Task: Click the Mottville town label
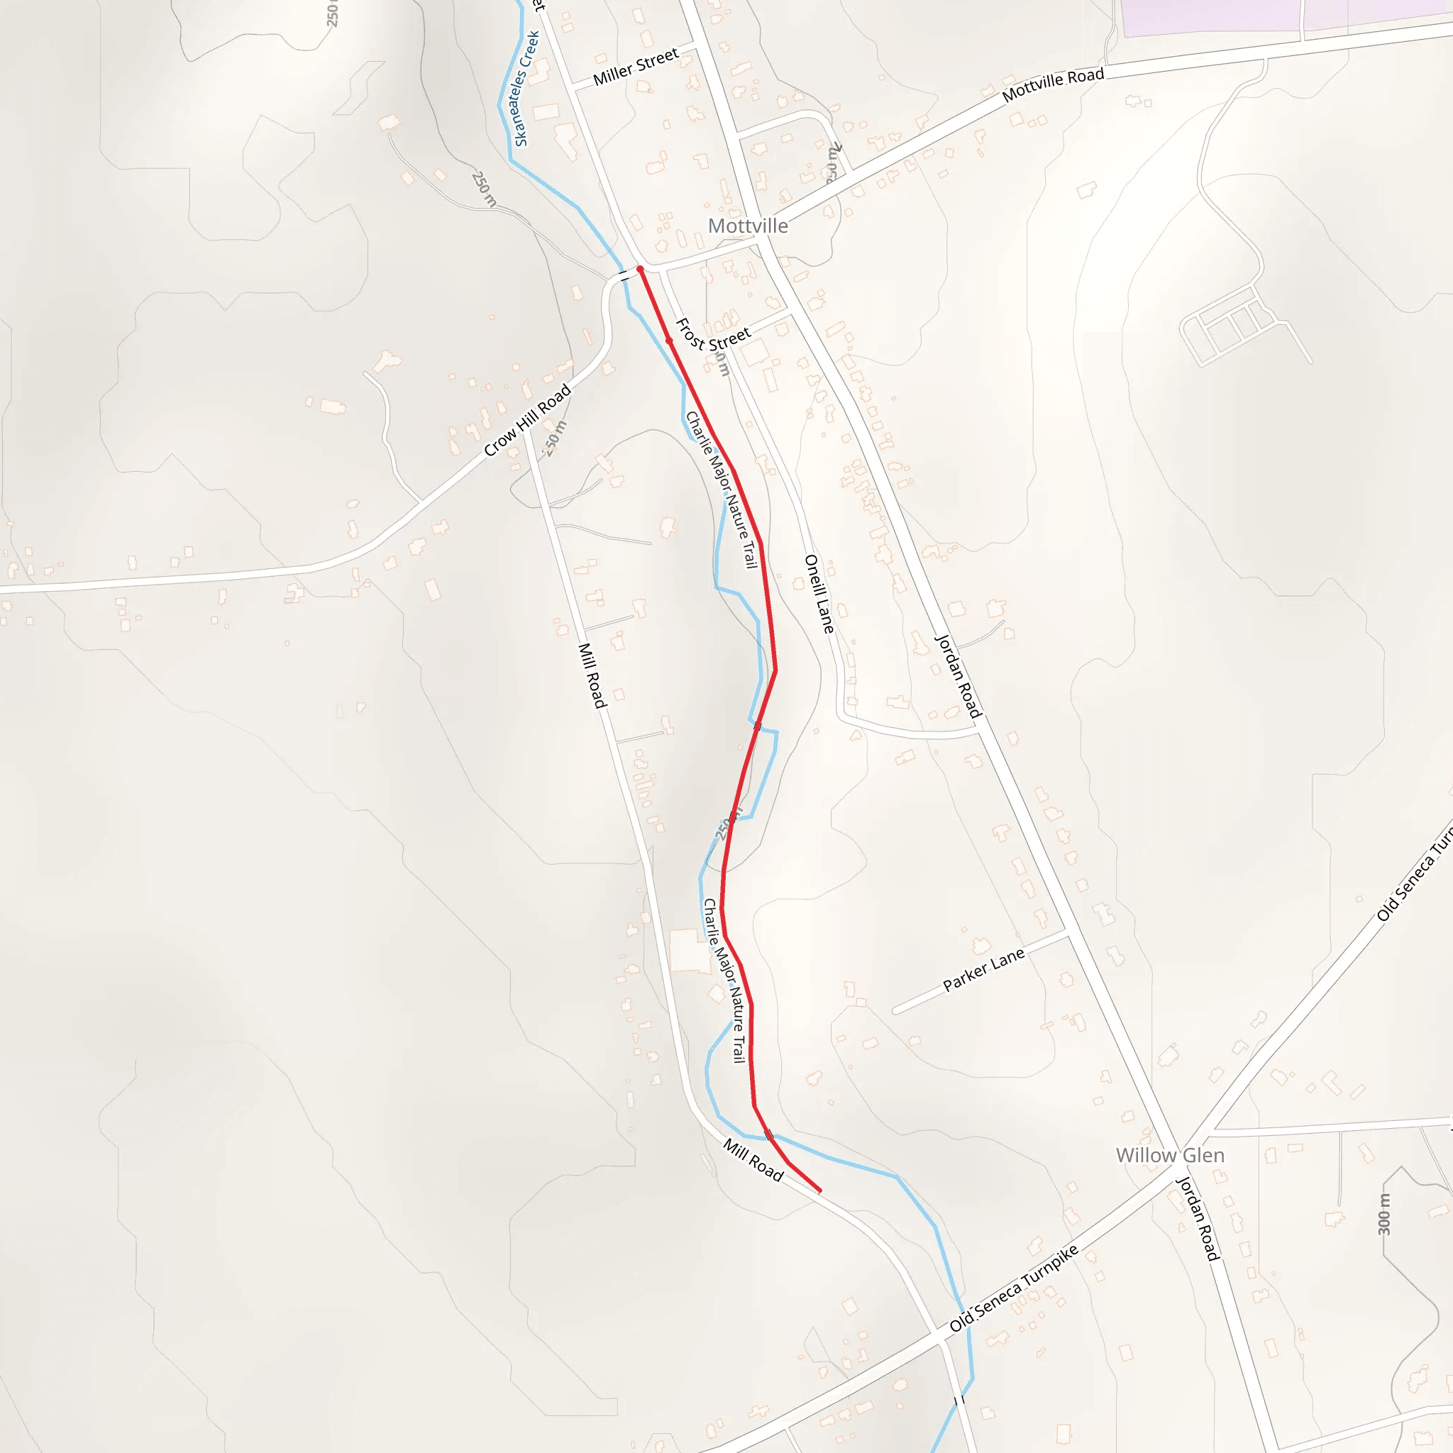(748, 226)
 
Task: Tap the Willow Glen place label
(1169, 1155)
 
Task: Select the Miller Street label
(636, 67)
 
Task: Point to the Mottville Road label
(1053, 84)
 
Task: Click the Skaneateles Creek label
(526, 89)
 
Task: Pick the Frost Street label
(712, 336)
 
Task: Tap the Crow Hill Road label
(527, 421)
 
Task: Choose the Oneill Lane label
(819, 593)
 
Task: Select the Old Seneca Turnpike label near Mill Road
(1013, 1288)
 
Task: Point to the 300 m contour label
(1383, 1214)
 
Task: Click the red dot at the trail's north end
(640, 268)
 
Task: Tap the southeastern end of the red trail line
(819, 1191)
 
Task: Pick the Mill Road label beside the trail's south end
(753, 1159)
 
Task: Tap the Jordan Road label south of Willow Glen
(1198, 1218)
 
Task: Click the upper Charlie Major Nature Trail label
(721, 490)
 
